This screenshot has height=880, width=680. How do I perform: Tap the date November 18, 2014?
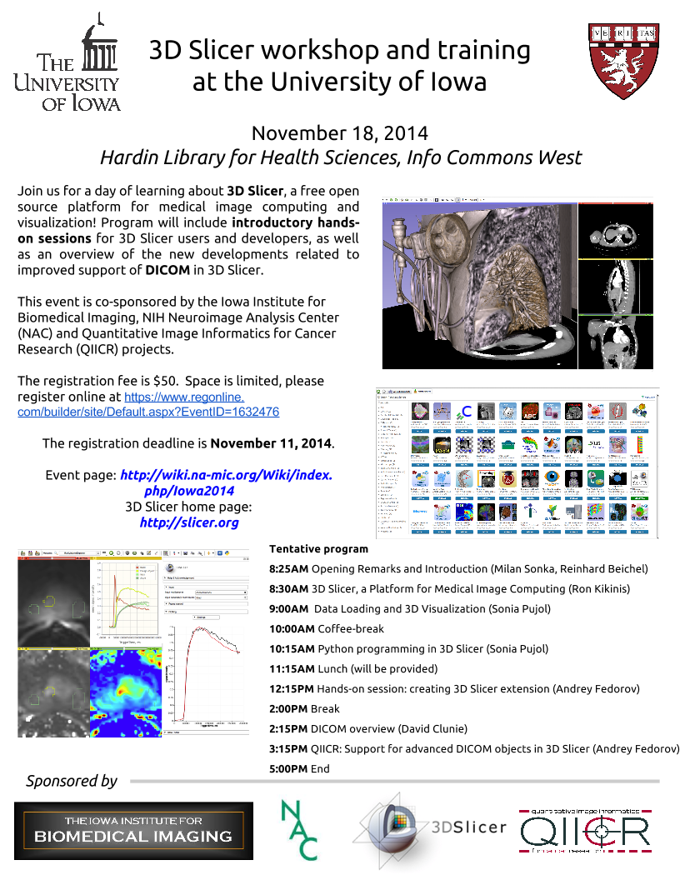(x=339, y=133)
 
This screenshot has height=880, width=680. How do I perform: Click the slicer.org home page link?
(x=189, y=522)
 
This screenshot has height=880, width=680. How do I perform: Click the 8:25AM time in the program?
(x=290, y=569)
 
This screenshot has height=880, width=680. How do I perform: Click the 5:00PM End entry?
(x=299, y=768)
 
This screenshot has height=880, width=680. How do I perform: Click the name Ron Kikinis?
(x=597, y=589)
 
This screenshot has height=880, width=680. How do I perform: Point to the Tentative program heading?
(x=318, y=549)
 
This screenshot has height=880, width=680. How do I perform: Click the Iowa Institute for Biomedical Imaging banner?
(x=133, y=830)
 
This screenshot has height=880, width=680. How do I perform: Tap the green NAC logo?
(x=299, y=829)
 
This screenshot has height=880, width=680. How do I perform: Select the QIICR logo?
(x=584, y=831)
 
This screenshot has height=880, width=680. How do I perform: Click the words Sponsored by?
(x=72, y=781)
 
